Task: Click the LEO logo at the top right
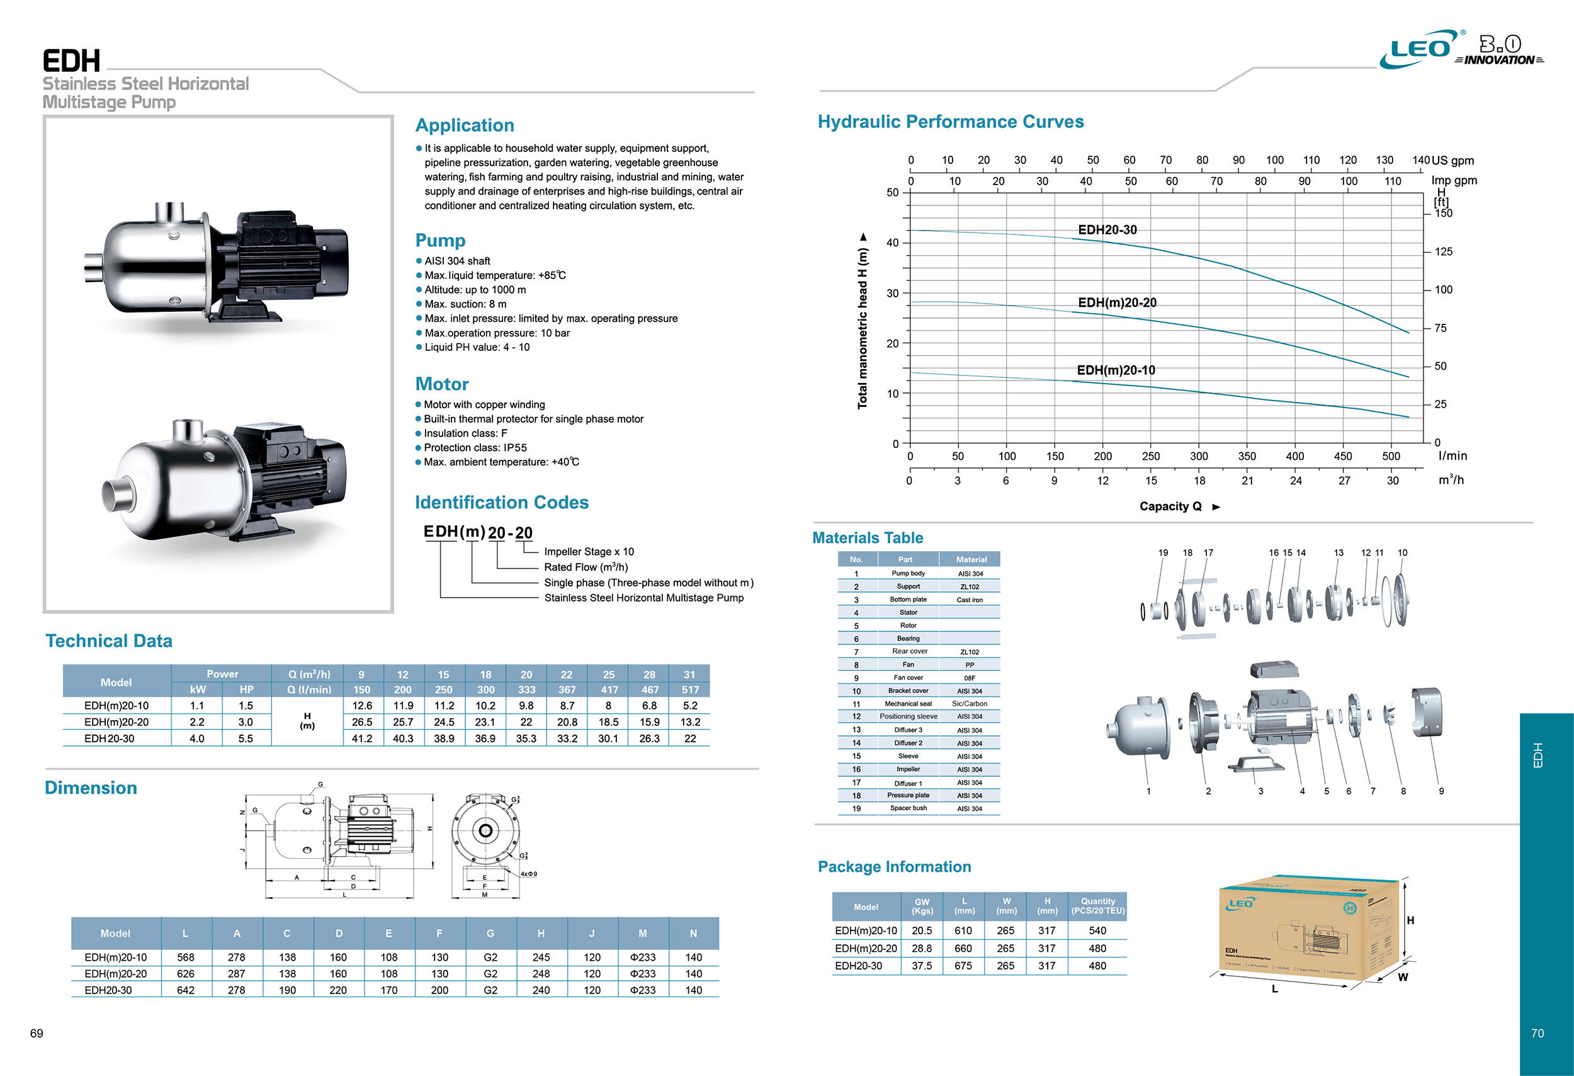(1419, 49)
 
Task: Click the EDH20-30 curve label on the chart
(1107, 230)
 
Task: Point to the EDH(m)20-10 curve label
(1116, 370)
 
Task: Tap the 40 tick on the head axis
(893, 243)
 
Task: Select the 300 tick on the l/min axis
(1199, 456)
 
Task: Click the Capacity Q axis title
(1170, 506)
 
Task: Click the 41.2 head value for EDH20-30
(361, 738)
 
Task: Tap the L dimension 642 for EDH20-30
(186, 990)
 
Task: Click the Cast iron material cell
(969, 600)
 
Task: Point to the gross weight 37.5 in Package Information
(921, 966)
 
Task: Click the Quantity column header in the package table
(1097, 906)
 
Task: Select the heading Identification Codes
(501, 502)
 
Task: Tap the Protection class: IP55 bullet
(475, 448)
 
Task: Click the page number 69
(37, 1033)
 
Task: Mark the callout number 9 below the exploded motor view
(1441, 791)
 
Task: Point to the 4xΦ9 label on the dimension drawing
(528, 874)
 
